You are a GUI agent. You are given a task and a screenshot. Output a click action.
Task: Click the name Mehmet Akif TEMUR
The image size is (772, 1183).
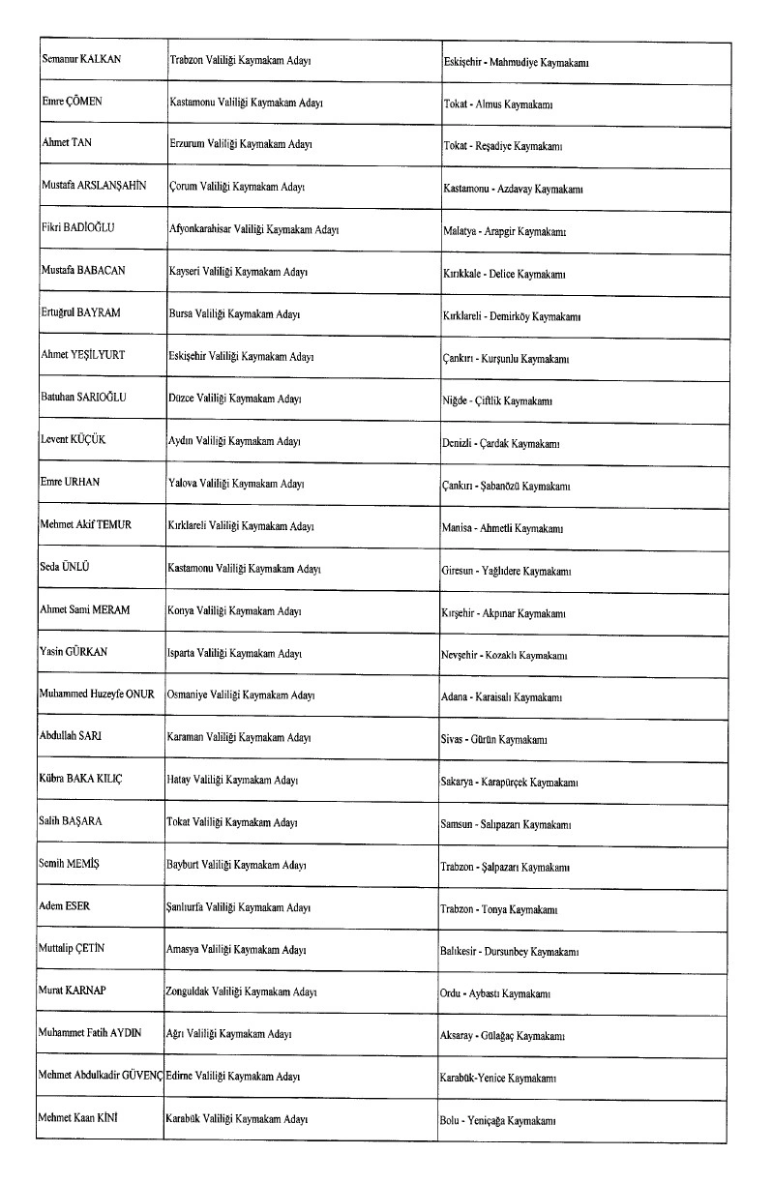click(87, 524)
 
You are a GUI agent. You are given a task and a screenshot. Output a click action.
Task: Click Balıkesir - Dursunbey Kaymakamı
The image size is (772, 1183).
click(509, 952)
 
